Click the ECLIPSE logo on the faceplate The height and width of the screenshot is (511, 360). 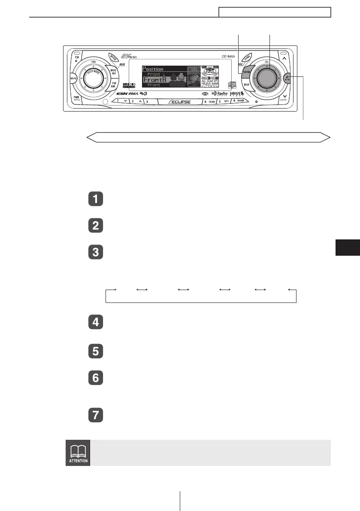coord(179,102)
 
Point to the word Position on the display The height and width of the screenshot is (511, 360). coord(153,69)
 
